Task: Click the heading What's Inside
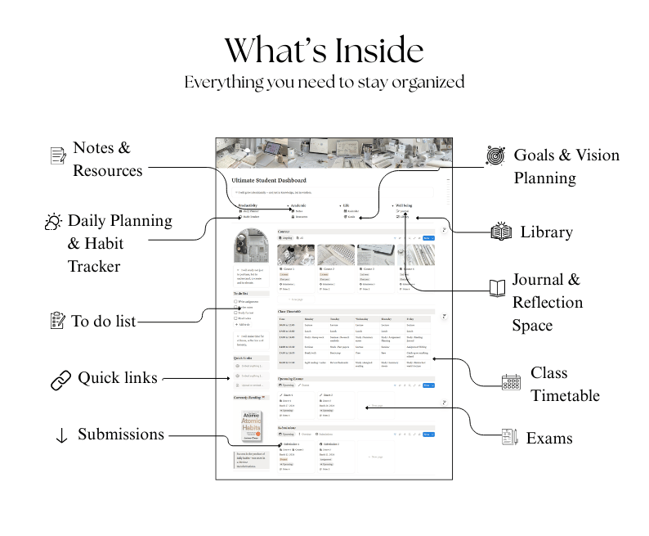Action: click(324, 51)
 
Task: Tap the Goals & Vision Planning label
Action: click(566, 166)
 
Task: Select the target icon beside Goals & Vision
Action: click(495, 155)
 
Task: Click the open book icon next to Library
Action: click(501, 232)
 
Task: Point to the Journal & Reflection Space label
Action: click(547, 302)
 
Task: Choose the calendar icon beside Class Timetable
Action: click(511, 382)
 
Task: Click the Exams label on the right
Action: click(548, 438)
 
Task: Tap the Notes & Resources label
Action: click(107, 160)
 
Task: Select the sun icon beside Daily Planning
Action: click(54, 222)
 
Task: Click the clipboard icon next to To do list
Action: click(57, 321)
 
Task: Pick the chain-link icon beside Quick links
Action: click(60, 379)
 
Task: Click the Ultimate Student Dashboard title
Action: click(269, 180)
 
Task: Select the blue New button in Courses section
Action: click(426, 238)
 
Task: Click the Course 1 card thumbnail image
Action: click(295, 254)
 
